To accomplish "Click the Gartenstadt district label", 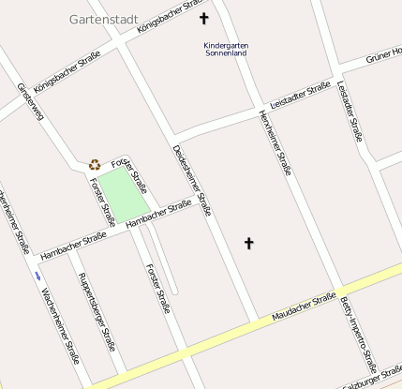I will (x=103, y=18).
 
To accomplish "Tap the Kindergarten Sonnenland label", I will (x=225, y=49).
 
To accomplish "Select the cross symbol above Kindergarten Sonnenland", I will (x=204, y=18).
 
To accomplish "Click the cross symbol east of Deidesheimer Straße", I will (x=249, y=244).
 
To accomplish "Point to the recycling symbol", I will (x=95, y=164).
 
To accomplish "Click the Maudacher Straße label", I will (x=304, y=308).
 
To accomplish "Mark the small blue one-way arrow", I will (x=37, y=276).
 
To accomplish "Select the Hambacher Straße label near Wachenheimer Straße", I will (x=72, y=246).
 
